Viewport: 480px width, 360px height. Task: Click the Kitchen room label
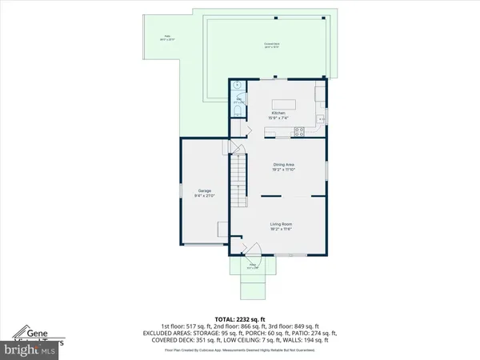click(x=278, y=114)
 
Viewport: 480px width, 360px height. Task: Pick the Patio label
click(x=168, y=36)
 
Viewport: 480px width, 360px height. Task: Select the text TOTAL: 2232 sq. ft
click(x=239, y=318)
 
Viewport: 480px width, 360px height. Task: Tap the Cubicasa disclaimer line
click(x=239, y=350)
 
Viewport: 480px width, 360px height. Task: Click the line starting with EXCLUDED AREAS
click(x=239, y=334)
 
